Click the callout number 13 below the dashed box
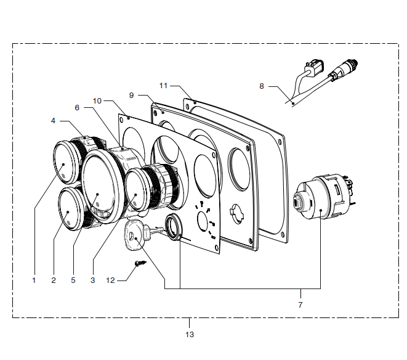pos(190,335)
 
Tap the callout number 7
pos(300,305)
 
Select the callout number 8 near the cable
pos(262,86)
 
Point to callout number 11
pos(163,86)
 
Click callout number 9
pos(131,96)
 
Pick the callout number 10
pos(97,101)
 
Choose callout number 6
pos(77,108)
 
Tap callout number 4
pos(53,121)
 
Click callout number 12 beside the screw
pos(110,280)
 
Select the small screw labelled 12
pos(140,264)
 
